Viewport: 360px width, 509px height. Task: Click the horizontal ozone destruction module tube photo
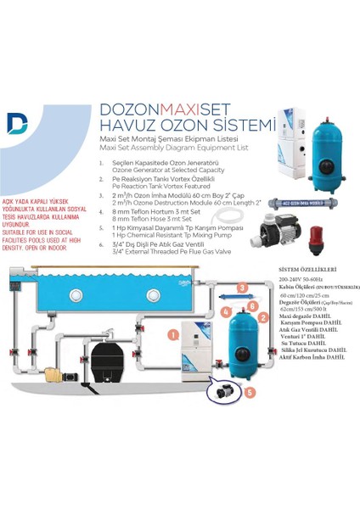[x=316, y=204]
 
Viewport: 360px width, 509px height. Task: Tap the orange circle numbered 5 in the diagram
[x=250, y=392]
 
